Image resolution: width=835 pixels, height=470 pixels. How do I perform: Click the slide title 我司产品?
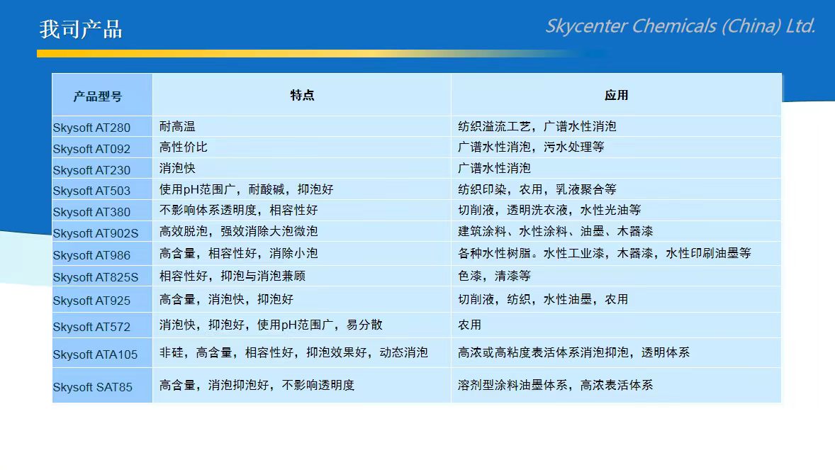pyautogui.click(x=81, y=29)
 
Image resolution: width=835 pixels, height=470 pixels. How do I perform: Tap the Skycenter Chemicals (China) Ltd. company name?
pyautogui.click(x=680, y=26)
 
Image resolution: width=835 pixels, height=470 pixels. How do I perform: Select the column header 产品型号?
pyautogui.click(x=98, y=96)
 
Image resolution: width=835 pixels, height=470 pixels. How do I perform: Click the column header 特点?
pyautogui.click(x=302, y=96)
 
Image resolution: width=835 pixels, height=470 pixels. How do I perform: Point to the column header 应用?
pyautogui.click(x=616, y=96)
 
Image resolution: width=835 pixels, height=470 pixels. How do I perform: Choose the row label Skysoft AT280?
pyautogui.click(x=91, y=128)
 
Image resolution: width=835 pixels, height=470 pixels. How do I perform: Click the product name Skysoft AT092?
pyautogui.click(x=91, y=149)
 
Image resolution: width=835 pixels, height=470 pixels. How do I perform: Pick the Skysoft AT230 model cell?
pyautogui.click(x=91, y=171)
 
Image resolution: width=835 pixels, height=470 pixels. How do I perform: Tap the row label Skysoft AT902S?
pyautogui.click(x=95, y=233)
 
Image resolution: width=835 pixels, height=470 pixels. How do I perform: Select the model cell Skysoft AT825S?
pyautogui.click(x=95, y=278)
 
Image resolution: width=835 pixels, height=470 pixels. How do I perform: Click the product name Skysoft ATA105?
pyautogui.click(x=95, y=355)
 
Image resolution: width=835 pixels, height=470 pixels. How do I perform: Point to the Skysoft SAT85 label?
pyautogui.click(x=93, y=387)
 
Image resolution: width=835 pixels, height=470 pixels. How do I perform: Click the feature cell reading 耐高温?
pyautogui.click(x=177, y=126)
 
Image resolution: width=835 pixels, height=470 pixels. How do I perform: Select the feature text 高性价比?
pyautogui.click(x=183, y=147)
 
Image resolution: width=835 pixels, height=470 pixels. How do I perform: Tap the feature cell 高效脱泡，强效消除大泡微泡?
pyautogui.click(x=239, y=231)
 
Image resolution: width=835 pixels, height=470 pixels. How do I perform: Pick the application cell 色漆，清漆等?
pyautogui.click(x=494, y=276)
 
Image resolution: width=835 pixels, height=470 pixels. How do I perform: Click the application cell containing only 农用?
pyautogui.click(x=470, y=325)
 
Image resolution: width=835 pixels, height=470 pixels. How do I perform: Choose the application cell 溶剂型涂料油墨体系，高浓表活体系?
pyautogui.click(x=556, y=385)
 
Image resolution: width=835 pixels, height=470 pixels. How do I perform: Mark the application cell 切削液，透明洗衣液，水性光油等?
pyautogui.click(x=549, y=210)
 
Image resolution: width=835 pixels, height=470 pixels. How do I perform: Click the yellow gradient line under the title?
pyautogui.click(x=320, y=53)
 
